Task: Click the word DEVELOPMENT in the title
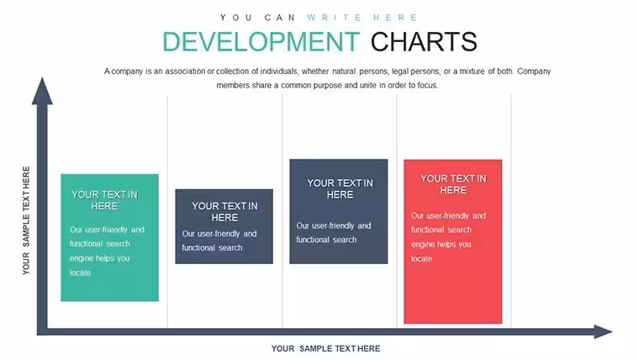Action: click(x=261, y=42)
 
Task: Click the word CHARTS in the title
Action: click(x=424, y=42)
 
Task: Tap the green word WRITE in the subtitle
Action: click(x=334, y=18)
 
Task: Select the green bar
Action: click(x=109, y=238)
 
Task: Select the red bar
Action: click(x=452, y=241)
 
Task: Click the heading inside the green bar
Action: click(x=105, y=200)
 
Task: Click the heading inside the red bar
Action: click(x=453, y=184)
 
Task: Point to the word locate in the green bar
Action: click(x=80, y=273)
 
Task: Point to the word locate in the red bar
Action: click(x=422, y=258)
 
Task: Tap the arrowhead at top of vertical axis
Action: click(x=42, y=92)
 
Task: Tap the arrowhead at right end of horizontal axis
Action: click(x=603, y=331)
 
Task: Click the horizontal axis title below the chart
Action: click(x=325, y=348)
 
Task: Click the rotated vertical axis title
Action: click(x=26, y=220)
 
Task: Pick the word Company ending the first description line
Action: click(x=534, y=71)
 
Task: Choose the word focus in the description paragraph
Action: click(x=427, y=85)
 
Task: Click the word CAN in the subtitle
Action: click(x=279, y=18)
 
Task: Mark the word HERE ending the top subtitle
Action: click(x=395, y=18)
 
